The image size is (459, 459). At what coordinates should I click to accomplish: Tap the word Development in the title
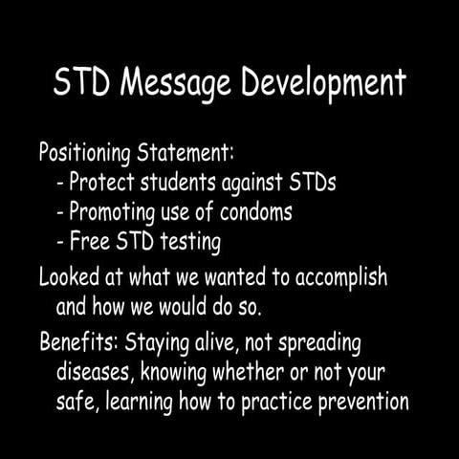(x=323, y=84)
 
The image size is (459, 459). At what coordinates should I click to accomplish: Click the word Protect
(x=108, y=183)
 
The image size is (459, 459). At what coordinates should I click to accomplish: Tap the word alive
(x=231, y=341)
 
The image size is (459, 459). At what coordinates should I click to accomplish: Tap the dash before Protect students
(x=62, y=183)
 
